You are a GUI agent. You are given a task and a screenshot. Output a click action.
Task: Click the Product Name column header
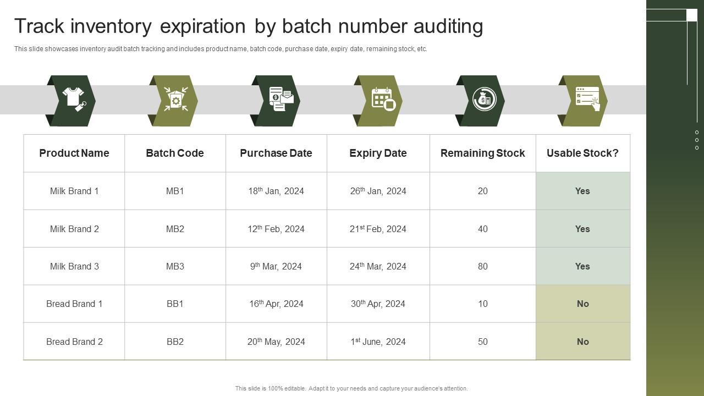tap(74, 153)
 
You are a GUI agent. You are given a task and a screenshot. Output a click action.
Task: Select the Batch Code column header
tap(175, 153)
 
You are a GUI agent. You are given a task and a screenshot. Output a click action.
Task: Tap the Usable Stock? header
tap(582, 153)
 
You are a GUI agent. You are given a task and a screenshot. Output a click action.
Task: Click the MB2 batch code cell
tap(175, 229)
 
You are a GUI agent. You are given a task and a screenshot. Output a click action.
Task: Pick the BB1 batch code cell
tap(175, 304)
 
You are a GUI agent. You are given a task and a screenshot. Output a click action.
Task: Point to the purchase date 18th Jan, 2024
tap(276, 191)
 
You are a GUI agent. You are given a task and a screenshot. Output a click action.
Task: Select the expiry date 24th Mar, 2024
tap(378, 266)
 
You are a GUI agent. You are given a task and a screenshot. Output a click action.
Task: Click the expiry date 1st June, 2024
tap(378, 342)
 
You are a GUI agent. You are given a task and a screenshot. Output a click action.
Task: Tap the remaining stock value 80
tap(482, 266)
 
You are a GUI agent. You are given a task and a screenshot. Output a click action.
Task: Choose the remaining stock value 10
tap(482, 304)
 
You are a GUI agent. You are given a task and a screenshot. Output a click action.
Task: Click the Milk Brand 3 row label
tap(74, 266)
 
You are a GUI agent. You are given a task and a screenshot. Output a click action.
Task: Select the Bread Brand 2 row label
tap(74, 342)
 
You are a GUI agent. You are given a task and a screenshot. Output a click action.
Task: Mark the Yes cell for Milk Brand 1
tap(582, 191)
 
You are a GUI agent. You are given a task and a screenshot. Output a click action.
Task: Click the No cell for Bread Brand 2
tap(582, 342)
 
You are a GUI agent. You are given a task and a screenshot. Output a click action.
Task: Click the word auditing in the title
tap(448, 26)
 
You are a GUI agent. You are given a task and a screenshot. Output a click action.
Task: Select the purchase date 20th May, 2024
tap(276, 342)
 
